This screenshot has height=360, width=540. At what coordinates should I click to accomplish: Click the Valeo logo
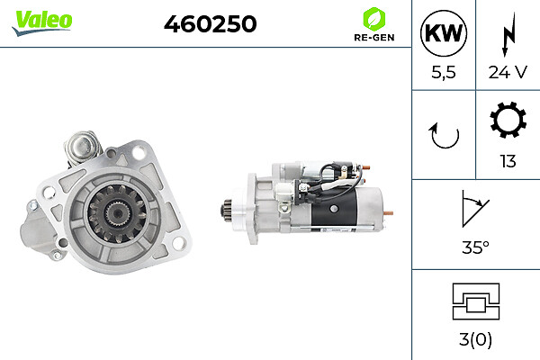[x=42, y=22]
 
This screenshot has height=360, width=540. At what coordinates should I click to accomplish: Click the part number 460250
[x=210, y=23]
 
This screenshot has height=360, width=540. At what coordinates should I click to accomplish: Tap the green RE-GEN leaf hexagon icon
[x=374, y=19]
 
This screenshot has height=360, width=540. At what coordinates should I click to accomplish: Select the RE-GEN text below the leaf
[x=374, y=37]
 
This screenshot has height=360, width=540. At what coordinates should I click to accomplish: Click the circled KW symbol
[x=444, y=33]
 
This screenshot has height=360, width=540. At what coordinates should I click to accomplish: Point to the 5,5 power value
[x=444, y=72]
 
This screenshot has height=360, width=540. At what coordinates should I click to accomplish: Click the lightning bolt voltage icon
[x=508, y=34]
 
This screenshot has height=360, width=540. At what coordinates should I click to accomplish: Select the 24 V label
[x=508, y=72]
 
